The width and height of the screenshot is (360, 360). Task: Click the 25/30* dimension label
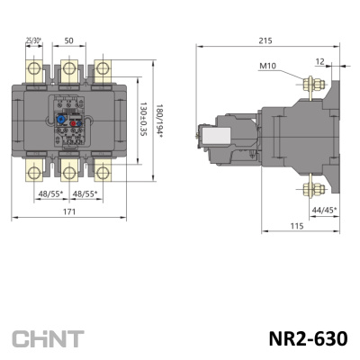tap(32, 41)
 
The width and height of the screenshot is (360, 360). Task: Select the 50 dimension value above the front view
tap(69, 41)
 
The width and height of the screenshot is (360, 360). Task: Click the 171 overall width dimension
tap(69, 211)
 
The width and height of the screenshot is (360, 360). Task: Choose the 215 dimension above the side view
tap(265, 41)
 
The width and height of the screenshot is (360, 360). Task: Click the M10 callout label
tap(267, 66)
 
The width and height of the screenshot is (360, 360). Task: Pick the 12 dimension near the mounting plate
tap(321, 60)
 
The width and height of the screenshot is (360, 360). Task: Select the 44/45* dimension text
tap(323, 210)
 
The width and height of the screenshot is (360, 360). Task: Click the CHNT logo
tap(48, 339)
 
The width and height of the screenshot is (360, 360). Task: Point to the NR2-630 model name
tap(307, 339)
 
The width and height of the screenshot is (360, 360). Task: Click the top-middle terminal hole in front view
tap(69, 69)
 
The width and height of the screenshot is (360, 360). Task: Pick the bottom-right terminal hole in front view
tap(103, 171)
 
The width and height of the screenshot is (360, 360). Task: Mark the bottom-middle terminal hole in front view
tap(69, 171)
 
